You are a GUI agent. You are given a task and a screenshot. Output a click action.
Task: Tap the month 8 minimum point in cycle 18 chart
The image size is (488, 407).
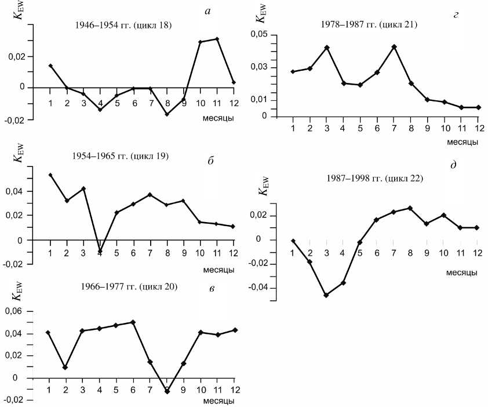pos(151,114)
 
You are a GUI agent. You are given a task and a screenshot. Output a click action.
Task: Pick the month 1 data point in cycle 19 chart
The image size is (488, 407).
pos(50,175)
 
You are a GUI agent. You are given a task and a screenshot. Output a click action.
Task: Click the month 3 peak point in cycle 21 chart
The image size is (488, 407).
pos(327,48)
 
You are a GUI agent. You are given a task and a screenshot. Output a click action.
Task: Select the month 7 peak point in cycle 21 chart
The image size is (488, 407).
pos(394,46)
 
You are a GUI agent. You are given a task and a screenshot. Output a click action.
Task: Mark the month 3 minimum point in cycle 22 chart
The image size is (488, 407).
pos(326,295)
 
